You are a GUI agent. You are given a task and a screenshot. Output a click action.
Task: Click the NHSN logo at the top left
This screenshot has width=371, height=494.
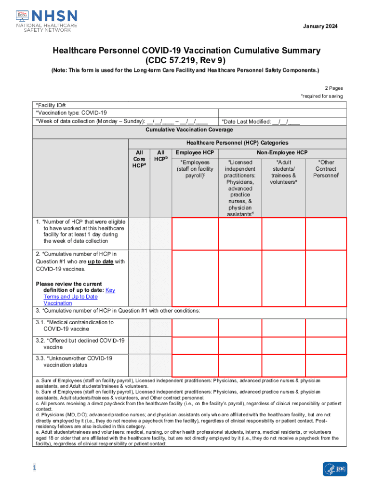[46, 19]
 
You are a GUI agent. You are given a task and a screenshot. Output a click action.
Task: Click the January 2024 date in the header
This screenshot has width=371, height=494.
[320, 26]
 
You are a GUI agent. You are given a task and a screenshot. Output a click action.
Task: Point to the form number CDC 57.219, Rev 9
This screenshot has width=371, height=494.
[185, 61]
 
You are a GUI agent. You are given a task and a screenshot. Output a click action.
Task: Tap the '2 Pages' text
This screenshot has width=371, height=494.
[334, 88]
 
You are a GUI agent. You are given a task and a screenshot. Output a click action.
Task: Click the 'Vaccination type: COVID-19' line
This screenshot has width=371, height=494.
[71, 112]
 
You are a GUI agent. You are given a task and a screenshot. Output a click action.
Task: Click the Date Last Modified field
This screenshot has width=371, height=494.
[261, 122]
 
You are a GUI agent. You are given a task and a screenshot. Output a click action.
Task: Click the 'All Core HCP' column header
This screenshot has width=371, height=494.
[139, 159]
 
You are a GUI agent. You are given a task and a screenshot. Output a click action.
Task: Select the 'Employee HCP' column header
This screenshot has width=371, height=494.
[195, 152]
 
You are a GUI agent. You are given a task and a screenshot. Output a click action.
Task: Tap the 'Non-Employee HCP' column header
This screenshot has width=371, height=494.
[282, 152]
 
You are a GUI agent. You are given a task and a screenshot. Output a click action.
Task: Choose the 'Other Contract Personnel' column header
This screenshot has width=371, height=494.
[326, 169]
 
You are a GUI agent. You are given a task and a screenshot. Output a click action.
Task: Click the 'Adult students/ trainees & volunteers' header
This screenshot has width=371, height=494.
[283, 172]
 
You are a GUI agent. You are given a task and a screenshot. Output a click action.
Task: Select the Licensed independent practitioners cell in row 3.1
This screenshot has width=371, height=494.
[240, 327]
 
